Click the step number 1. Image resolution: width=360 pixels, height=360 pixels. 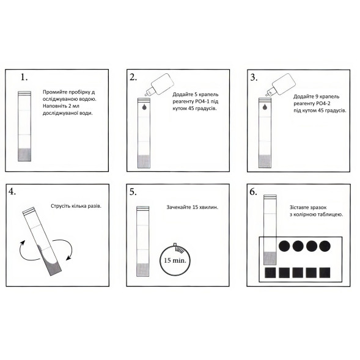click(x=24, y=77)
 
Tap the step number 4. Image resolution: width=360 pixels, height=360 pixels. click(x=12, y=191)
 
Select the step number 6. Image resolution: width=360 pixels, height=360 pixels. click(x=253, y=192)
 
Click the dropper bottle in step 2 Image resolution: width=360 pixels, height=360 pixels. click(x=159, y=84)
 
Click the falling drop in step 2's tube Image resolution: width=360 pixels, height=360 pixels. click(x=144, y=106)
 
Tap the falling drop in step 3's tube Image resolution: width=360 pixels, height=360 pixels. click(x=265, y=106)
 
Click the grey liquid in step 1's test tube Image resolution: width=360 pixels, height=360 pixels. click(x=24, y=155)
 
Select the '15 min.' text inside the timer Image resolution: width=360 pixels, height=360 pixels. click(x=175, y=260)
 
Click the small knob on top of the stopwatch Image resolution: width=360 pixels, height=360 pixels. click(x=175, y=244)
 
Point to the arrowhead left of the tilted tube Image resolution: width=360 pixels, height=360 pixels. click(x=23, y=243)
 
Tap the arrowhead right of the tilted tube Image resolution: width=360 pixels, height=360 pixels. click(x=68, y=258)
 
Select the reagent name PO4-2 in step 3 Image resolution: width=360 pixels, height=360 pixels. click(x=323, y=103)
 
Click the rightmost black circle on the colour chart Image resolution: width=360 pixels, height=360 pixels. click(x=325, y=246)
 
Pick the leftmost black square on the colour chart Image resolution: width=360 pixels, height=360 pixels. click(x=270, y=273)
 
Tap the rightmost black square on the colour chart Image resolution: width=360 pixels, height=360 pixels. click(x=325, y=273)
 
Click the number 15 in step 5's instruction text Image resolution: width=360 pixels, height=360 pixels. click(x=196, y=207)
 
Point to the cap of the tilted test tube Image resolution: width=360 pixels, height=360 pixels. click(x=29, y=211)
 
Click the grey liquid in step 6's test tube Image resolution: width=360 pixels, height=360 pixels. click(x=270, y=258)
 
